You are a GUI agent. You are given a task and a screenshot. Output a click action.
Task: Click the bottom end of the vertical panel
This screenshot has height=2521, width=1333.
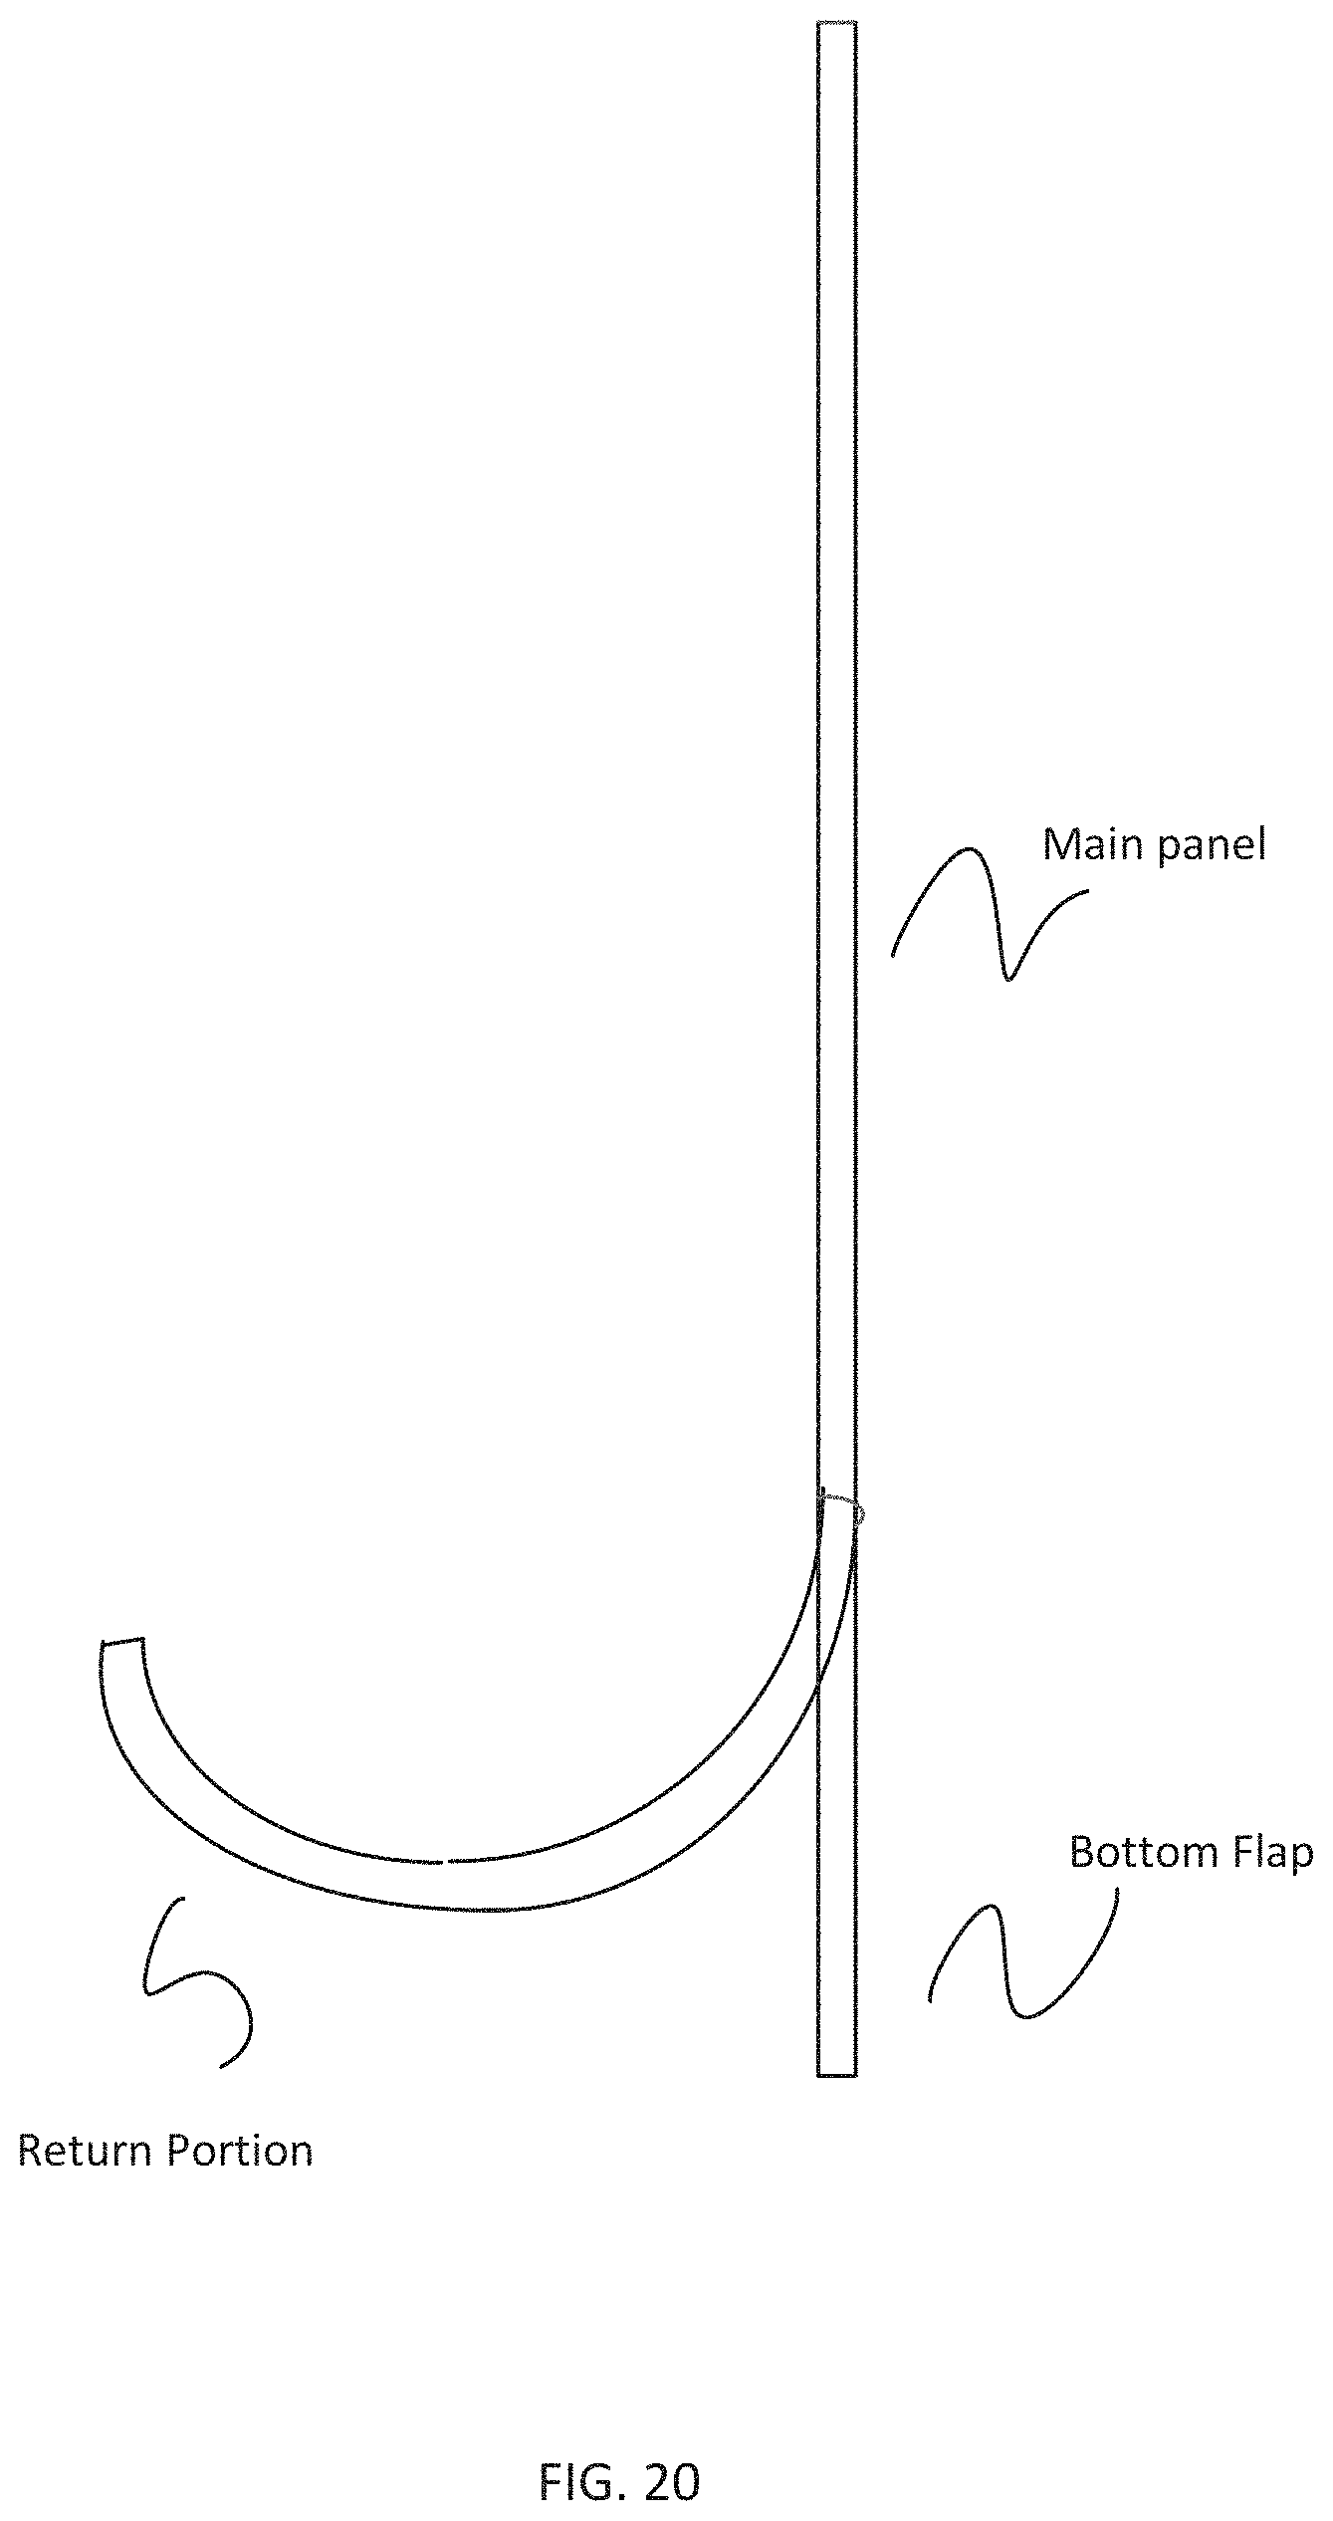tap(836, 2075)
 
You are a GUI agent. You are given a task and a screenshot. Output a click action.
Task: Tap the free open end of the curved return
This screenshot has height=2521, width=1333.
tap(122, 1641)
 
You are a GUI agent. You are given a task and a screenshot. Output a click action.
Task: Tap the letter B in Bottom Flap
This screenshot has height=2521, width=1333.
tap(1080, 1853)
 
